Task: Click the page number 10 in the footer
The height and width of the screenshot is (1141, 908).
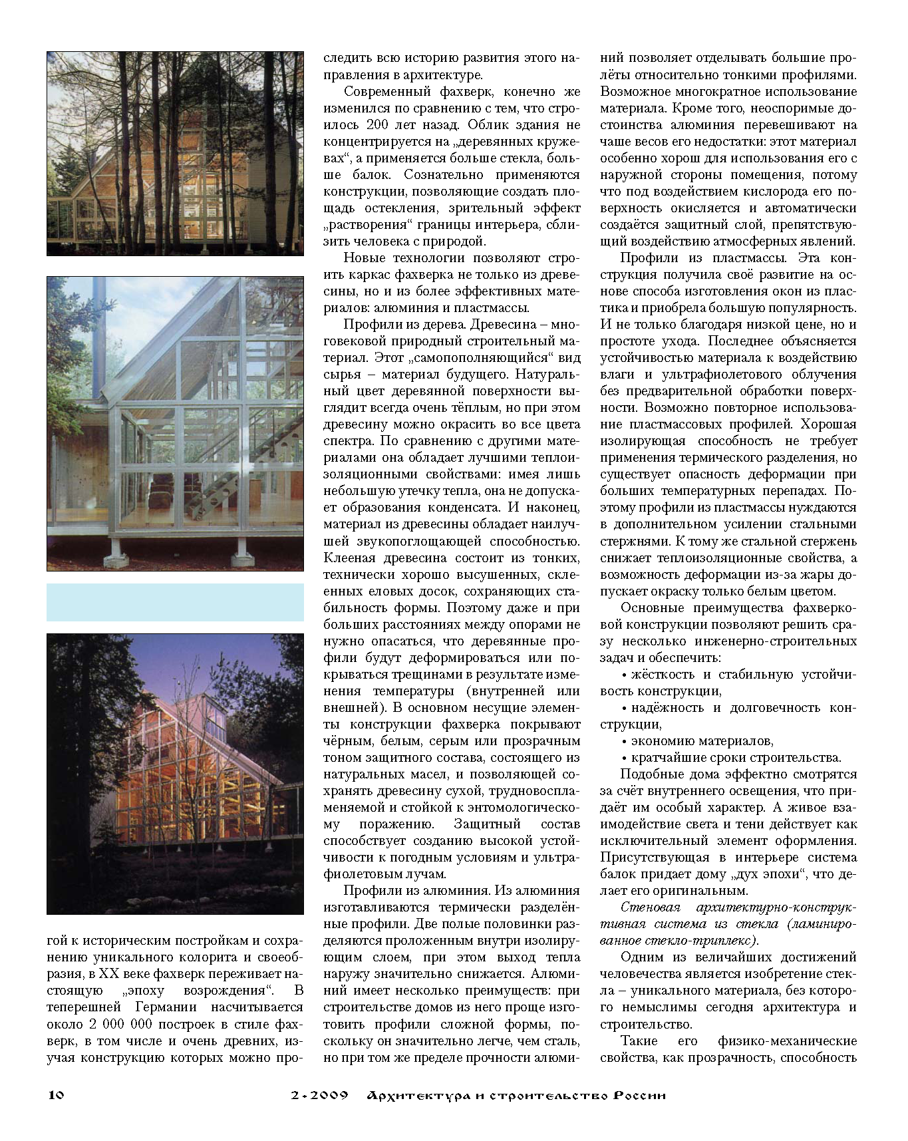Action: (x=55, y=1094)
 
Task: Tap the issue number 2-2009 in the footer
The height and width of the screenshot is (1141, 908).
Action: (x=319, y=1095)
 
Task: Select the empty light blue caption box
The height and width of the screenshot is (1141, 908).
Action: (x=175, y=602)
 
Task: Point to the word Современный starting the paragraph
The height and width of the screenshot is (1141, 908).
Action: (x=386, y=92)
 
